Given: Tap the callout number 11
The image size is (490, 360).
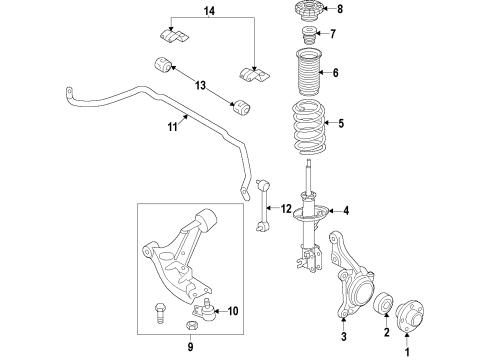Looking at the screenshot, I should [171, 127].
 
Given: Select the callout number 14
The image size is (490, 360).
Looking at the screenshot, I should [209, 11].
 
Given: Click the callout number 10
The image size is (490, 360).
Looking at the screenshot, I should [233, 312].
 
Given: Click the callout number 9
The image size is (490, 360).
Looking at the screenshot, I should [189, 348].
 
